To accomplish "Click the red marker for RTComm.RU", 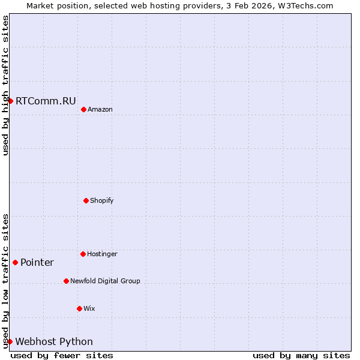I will (10, 101).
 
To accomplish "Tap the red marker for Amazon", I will (83, 109).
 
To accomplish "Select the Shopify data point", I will (86, 200).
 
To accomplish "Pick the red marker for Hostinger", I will (83, 254).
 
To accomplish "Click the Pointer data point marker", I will (15, 262).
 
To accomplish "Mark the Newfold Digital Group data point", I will (66, 281).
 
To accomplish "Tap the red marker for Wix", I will (79, 308).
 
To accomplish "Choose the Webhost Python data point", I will (10, 341).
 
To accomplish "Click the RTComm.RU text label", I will (46, 101).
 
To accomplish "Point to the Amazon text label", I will (100, 110).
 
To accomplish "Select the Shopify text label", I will (102, 200).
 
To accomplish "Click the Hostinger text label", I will (102, 254).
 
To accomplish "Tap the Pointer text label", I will (37, 263).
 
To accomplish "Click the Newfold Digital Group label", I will (105, 281).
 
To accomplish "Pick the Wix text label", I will (89, 309).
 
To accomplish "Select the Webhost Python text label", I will (54, 342).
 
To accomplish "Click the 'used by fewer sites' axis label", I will (62, 356).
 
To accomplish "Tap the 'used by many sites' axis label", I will (301, 356).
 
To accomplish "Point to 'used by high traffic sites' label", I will (5, 85).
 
